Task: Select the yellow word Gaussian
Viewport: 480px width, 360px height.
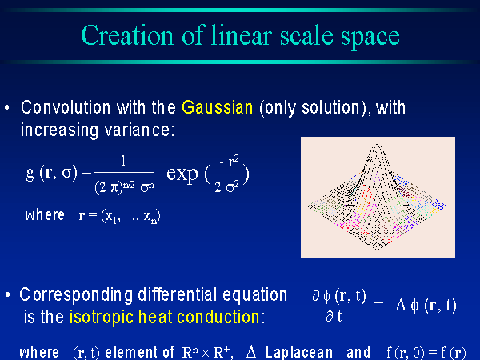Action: [x=218, y=108]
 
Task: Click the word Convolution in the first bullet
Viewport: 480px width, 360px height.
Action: [x=66, y=107]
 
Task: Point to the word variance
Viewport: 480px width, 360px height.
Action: [x=139, y=130]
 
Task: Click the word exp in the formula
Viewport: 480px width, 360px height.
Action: [x=182, y=174]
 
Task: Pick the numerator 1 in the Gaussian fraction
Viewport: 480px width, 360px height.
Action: [x=123, y=161]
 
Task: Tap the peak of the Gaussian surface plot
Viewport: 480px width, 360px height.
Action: [x=377, y=145]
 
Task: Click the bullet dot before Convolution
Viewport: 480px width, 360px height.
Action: [x=7, y=107]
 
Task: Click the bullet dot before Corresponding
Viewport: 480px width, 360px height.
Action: [x=8, y=294]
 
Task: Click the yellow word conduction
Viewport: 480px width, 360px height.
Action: [x=218, y=317]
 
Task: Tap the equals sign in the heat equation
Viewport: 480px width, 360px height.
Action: [x=378, y=304]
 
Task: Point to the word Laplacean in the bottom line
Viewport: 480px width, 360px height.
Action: [x=299, y=352]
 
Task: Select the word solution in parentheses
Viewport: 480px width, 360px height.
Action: [x=330, y=107]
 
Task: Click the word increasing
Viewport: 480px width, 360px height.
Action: [x=60, y=130]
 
